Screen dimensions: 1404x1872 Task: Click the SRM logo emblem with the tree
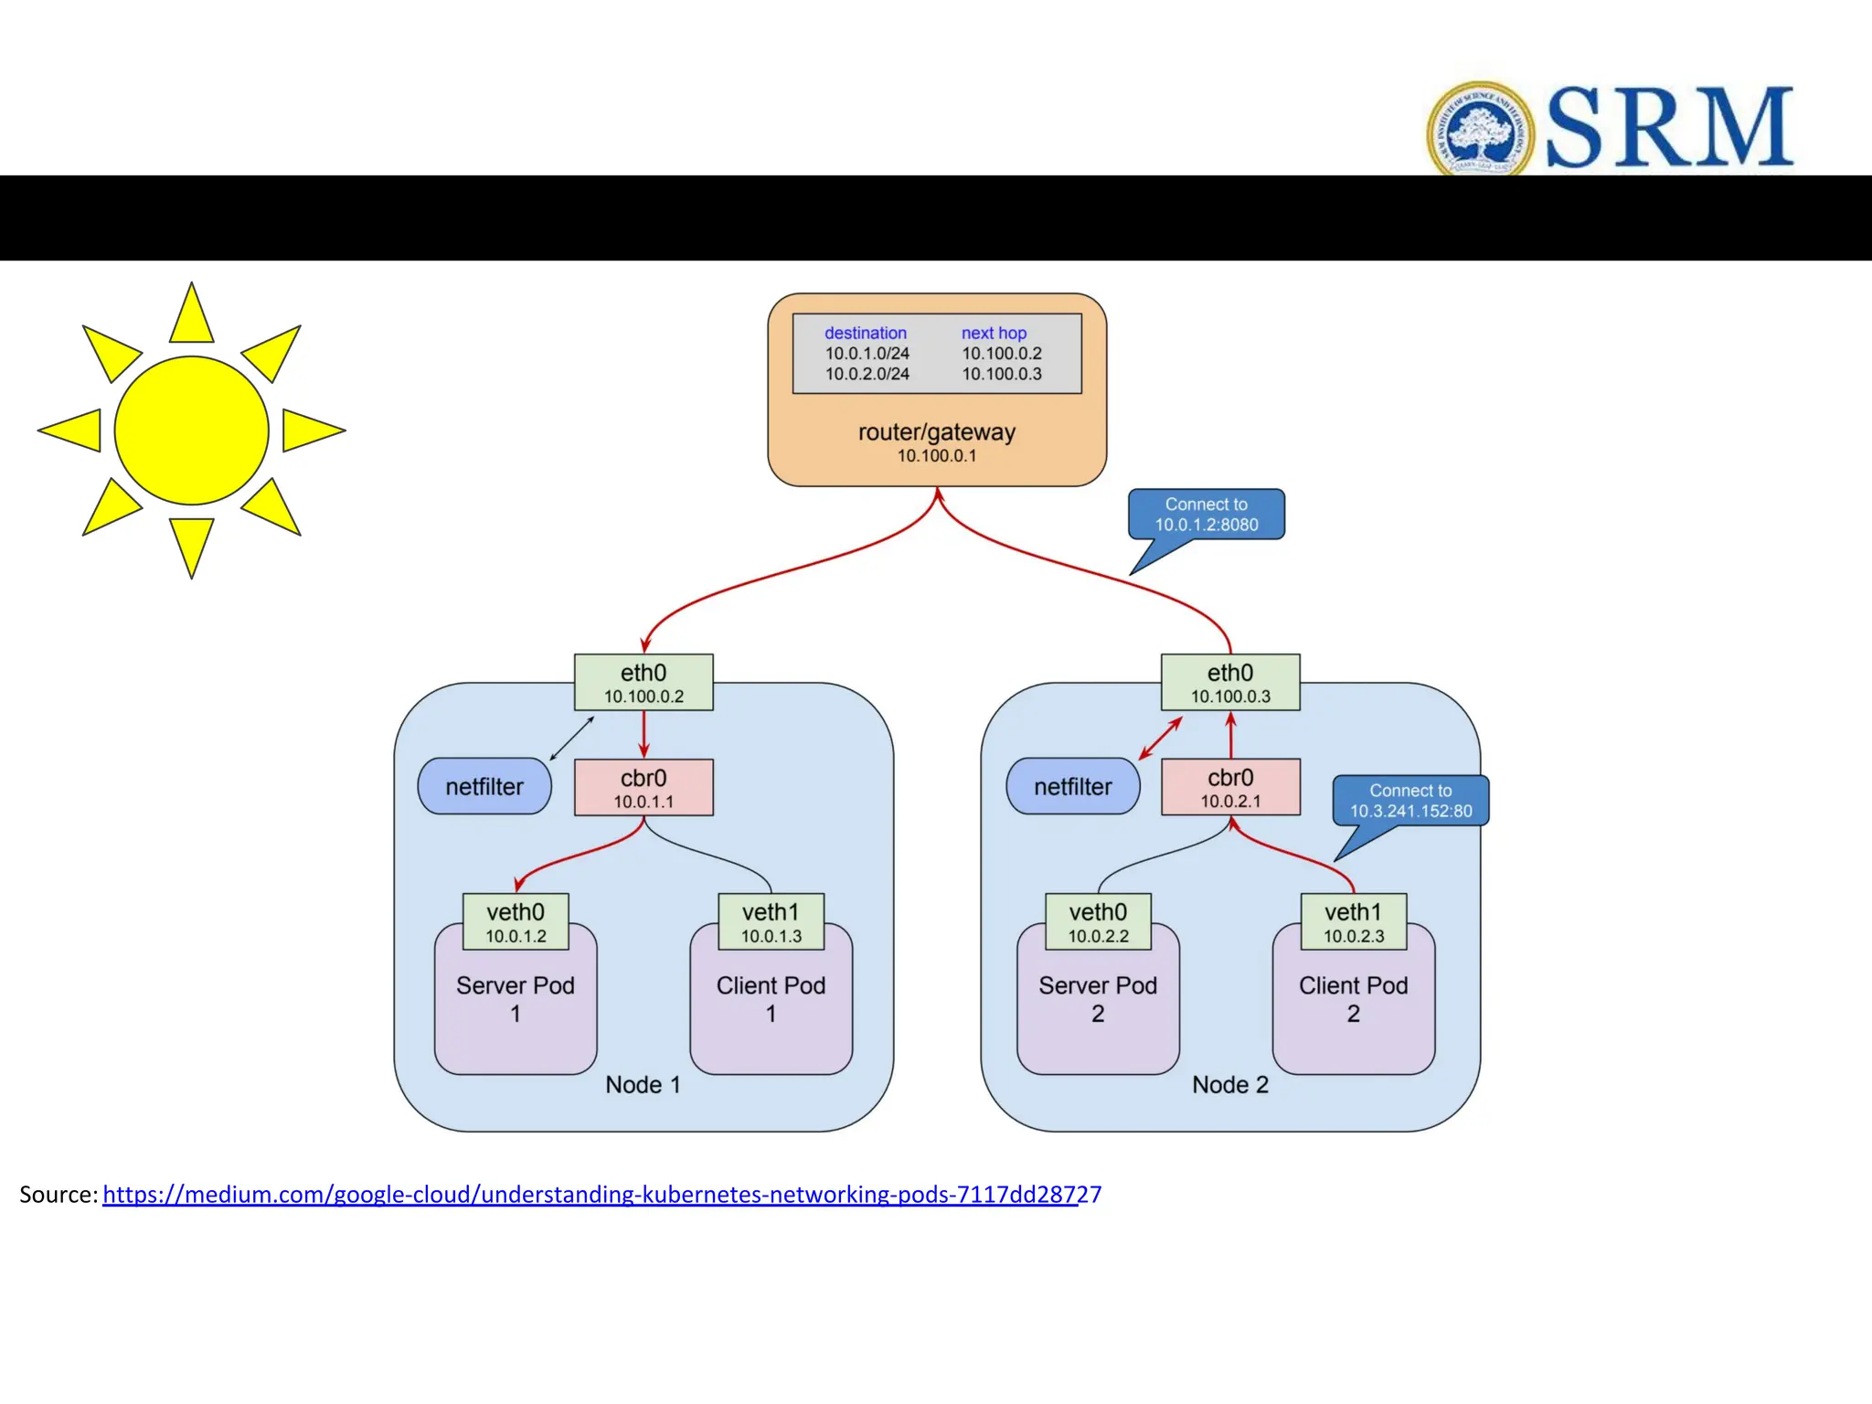tap(1480, 129)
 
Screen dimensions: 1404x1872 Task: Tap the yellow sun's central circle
tap(191, 430)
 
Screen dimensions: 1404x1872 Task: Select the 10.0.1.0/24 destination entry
tap(867, 354)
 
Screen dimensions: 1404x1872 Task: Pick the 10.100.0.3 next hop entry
tap(1001, 374)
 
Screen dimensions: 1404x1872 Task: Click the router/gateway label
tap(936, 432)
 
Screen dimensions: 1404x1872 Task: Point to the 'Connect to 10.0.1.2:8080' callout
tap(1206, 515)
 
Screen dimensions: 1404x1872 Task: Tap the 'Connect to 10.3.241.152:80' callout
tap(1410, 801)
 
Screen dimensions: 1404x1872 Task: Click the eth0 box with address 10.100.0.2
tap(643, 683)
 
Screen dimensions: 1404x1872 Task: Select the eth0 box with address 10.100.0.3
tap(1230, 683)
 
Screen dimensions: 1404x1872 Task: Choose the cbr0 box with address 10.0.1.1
tap(643, 788)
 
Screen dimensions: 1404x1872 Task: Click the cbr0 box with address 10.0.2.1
tap(1230, 787)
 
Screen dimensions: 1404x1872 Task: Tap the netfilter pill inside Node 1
tap(484, 786)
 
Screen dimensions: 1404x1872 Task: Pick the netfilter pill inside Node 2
tap(1072, 786)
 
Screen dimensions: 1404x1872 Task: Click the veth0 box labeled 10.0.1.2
tap(516, 921)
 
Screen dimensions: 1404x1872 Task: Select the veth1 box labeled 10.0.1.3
tap(771, 921)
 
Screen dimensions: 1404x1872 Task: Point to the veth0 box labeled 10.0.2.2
tap(1098, 921)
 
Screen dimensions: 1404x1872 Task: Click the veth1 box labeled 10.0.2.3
tap(1353, 921)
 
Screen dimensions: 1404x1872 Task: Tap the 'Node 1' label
tap(643, 1085)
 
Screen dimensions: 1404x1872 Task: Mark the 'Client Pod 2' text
tap(1353, 999)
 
